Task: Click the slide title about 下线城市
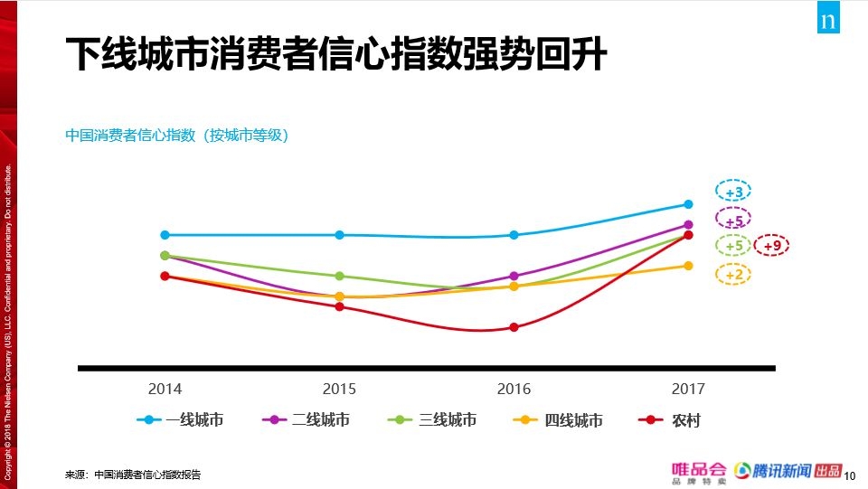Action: [336, 55]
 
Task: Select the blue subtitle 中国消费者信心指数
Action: [176, 136]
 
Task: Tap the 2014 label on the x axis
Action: [165, 389]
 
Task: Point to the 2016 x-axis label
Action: [514, 389]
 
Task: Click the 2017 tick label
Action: [688, 389]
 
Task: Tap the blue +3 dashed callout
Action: [733, 193]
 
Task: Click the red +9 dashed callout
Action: [771, 246]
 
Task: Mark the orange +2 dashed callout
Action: [733, 275]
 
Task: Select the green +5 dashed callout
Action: [733, 246]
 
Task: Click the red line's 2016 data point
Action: [514, 327]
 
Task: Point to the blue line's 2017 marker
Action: [688, 204]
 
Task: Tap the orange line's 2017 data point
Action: [688, 266]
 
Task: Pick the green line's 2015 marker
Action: [339, 276]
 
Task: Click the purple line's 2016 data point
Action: [514, 276]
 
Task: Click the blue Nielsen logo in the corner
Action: [828, 19]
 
